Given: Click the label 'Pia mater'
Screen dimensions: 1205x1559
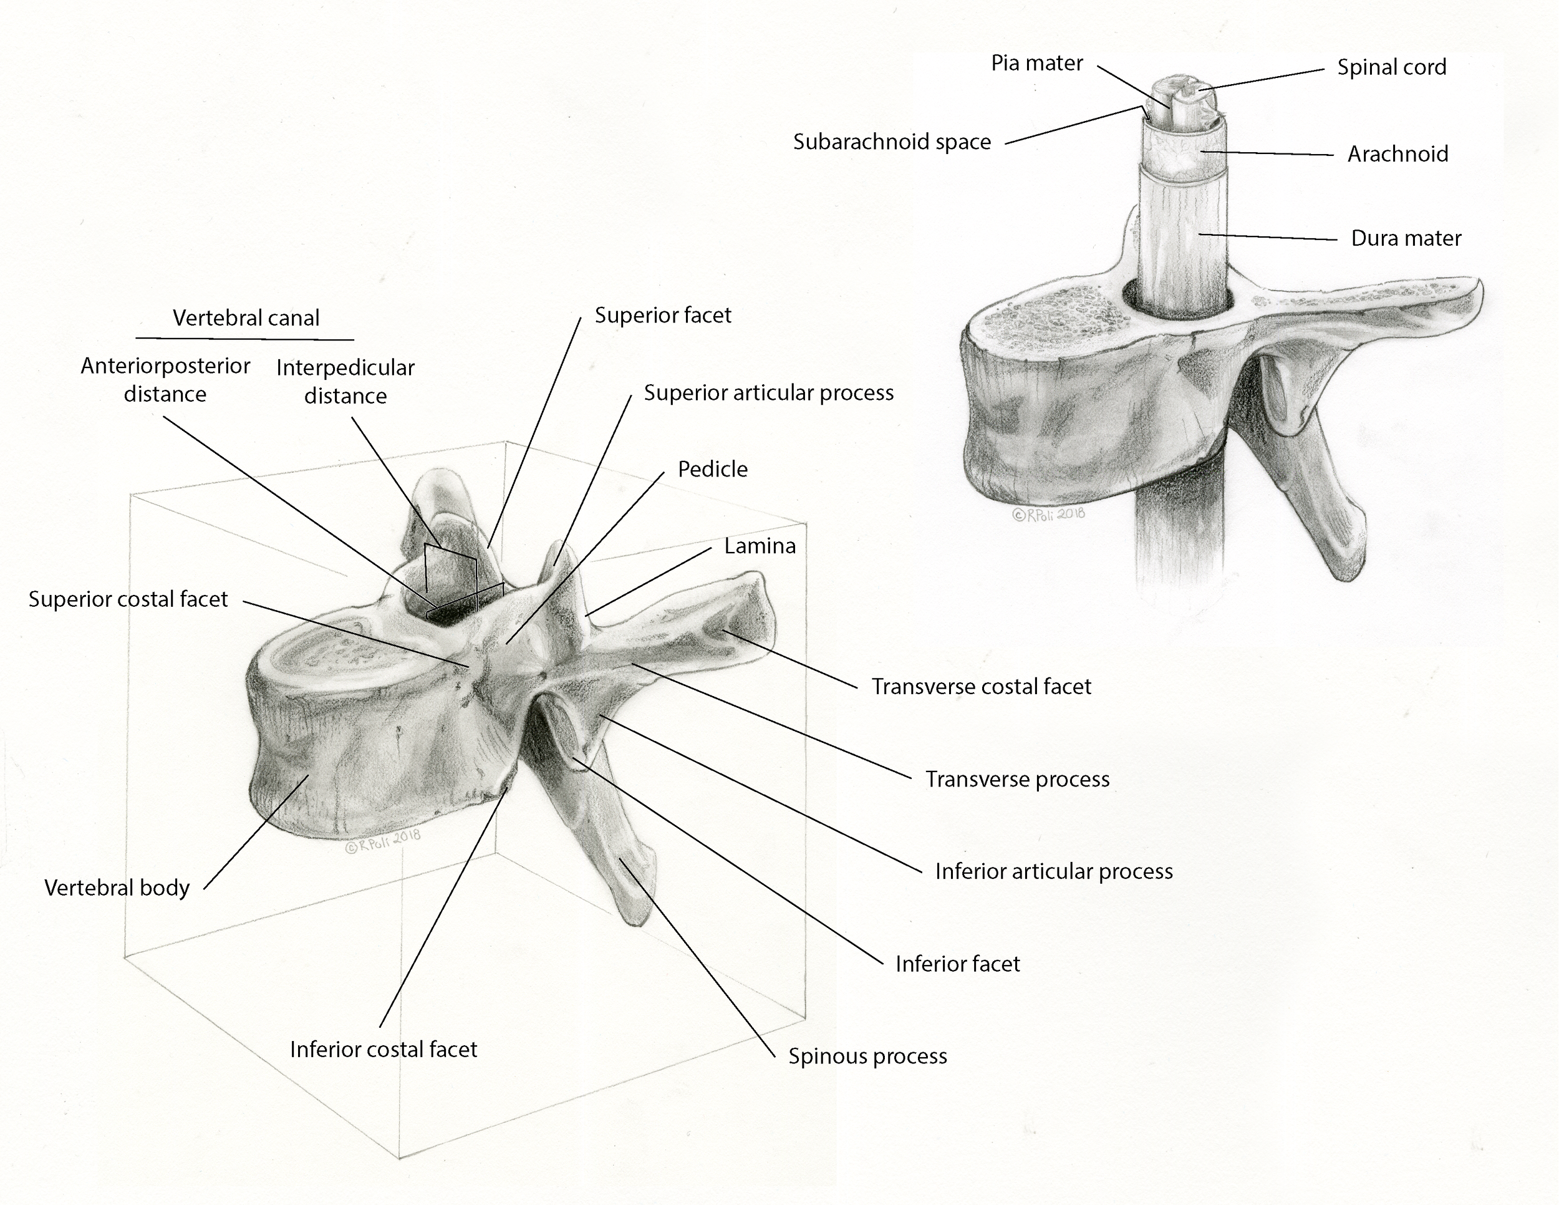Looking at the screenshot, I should pyautogui.click(x=1036, y=64).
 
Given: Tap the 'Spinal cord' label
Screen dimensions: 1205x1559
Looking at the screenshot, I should pyautogui.click(x=1391, y=67).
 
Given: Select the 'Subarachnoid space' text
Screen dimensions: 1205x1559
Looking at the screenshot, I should pyautogui.click(x=892, y=142).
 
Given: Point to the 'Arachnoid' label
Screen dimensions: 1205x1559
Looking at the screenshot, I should pyautogui.click(x=1397, y=154).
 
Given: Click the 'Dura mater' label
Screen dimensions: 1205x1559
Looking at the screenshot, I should pyautogui.click(x=1406, y=238).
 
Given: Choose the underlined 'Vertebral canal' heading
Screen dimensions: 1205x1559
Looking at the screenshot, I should pyautogui.click(x=246, y=318).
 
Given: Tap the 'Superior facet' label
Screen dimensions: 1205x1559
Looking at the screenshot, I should pyautogui.click(x=662, y=316).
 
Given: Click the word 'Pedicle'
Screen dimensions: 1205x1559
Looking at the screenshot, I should pyautogui.click(x=712, y=470).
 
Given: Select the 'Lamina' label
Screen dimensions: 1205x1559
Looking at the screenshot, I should pyautogui.click(x=760, y=546).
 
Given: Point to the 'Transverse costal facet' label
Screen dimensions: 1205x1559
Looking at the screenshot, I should pyautogui.click(x=981, y=687).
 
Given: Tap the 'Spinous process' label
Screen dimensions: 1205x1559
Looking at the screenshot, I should pyautogui.click(x=867, y=1057).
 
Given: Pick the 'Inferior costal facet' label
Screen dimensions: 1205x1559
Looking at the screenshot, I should pyautogui.click(x=384, y=1049).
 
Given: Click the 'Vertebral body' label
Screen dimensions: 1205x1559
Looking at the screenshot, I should pyautogui.click(x=117, y=888).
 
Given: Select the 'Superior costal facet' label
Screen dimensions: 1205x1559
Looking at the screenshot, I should pyautogui.click(x=128, y=599).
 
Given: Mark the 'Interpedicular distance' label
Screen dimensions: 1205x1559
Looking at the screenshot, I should pyautogui.click(x=345, y=381).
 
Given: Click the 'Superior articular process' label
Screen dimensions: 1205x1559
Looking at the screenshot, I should pyautogui.click(x=768, y=394).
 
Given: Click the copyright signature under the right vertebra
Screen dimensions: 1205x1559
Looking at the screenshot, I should pyautogui.click(x=1048, y=513).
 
